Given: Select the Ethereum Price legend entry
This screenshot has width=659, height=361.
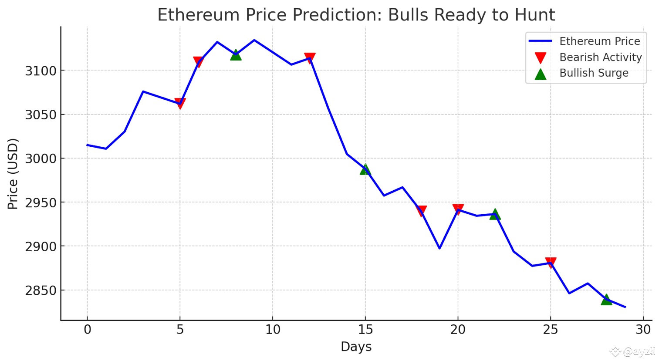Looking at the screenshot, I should [599, 41].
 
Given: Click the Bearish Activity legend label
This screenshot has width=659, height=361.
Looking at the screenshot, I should [600, 57].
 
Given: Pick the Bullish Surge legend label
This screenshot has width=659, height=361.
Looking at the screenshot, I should [594, 73].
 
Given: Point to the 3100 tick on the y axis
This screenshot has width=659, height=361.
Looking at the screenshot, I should [41, 71].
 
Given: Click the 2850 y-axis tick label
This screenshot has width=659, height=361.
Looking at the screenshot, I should [41, 290].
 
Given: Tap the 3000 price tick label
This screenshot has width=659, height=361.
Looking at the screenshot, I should [41, 159].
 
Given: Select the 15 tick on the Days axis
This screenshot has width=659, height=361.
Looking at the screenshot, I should [365, 330].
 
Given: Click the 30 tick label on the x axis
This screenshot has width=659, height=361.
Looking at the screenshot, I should [643, 330].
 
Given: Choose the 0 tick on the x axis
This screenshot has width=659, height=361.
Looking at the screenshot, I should [88, 330].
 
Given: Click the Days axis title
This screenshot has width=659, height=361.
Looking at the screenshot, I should [356, 347].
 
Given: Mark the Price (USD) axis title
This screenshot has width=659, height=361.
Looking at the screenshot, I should [13, 174].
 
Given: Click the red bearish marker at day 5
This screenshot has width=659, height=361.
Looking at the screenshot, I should [180, 103].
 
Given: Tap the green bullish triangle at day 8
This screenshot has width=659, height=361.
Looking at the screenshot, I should [236, 55].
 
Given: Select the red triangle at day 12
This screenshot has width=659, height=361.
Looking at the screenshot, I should [310, 58].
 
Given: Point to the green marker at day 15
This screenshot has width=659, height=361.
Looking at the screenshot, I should [365, 169].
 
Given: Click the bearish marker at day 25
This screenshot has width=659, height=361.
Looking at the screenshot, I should [551, 262].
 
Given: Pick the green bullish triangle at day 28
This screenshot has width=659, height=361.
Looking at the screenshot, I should [606, 300].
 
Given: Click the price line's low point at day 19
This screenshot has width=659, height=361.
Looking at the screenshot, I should [439, 248].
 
